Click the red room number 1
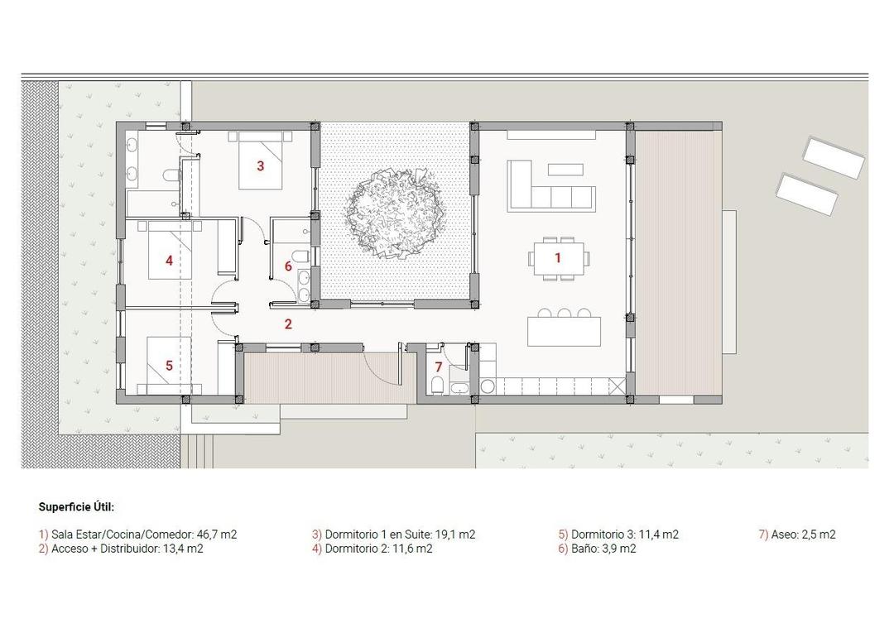point(558,258)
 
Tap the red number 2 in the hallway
point(288,324)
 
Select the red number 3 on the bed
point(260,165)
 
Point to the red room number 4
point(169,261)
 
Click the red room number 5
point(169,365)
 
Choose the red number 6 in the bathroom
point(288,266)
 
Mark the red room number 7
point(439,366)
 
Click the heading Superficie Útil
point(76,506)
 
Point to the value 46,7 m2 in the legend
point(217,535)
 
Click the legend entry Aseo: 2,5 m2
point(797,535)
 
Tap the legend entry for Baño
point(598,548)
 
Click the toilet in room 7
point(436,386)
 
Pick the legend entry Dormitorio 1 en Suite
point(393,535)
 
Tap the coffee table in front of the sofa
point(565,169)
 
